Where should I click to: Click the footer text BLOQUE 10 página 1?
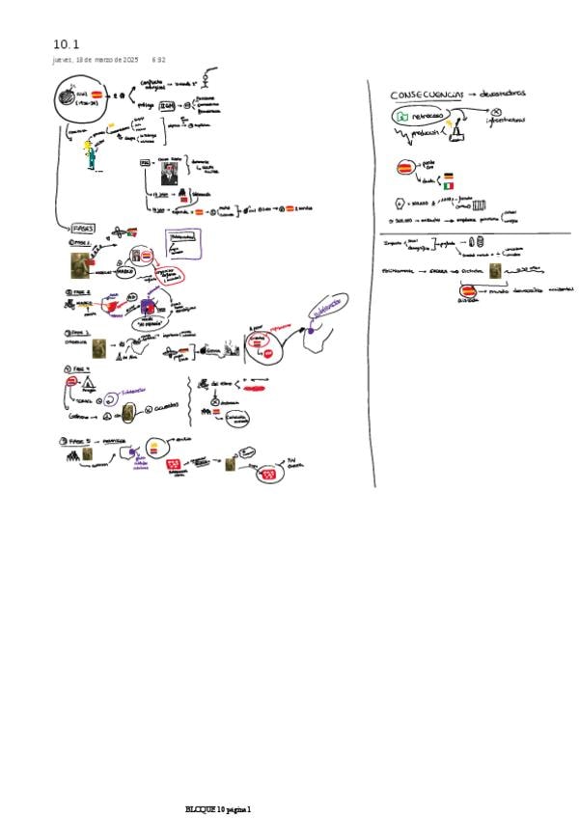pos(218,808)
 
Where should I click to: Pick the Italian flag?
pos(449,185)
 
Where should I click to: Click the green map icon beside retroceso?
pos(400,117)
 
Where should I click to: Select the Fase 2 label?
pos(77,291)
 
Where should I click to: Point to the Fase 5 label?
pos(77,439)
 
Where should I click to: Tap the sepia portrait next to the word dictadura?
pos(495,271)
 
